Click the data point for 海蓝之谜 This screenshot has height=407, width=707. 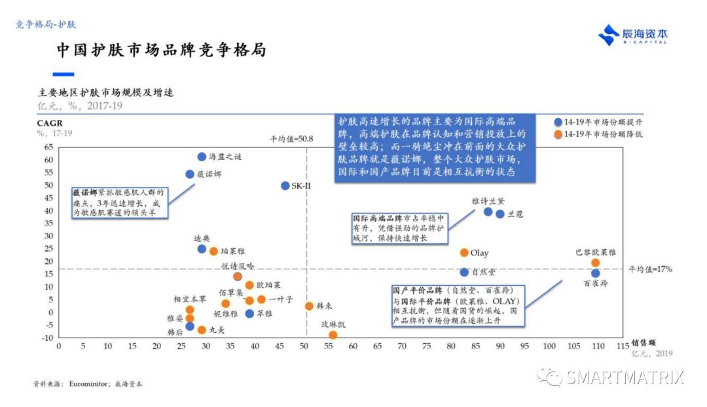202,157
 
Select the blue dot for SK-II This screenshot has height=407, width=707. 285,185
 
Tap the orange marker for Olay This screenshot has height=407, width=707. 464,252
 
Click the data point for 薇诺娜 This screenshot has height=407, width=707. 190,174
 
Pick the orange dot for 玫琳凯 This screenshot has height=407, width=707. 333,335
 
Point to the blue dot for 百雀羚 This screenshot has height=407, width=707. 595,273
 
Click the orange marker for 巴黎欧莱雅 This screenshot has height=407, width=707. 595,263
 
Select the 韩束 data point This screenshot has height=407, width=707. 309,306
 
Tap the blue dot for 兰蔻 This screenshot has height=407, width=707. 500,214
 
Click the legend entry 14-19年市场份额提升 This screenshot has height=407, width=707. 598,123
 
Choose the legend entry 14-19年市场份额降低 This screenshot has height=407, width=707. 598,134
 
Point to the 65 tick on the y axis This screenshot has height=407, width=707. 48,147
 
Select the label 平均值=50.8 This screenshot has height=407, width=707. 291,139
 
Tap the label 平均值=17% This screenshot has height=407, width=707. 650,269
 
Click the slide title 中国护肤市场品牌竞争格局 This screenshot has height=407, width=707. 160,50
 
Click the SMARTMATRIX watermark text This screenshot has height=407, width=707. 625,378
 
